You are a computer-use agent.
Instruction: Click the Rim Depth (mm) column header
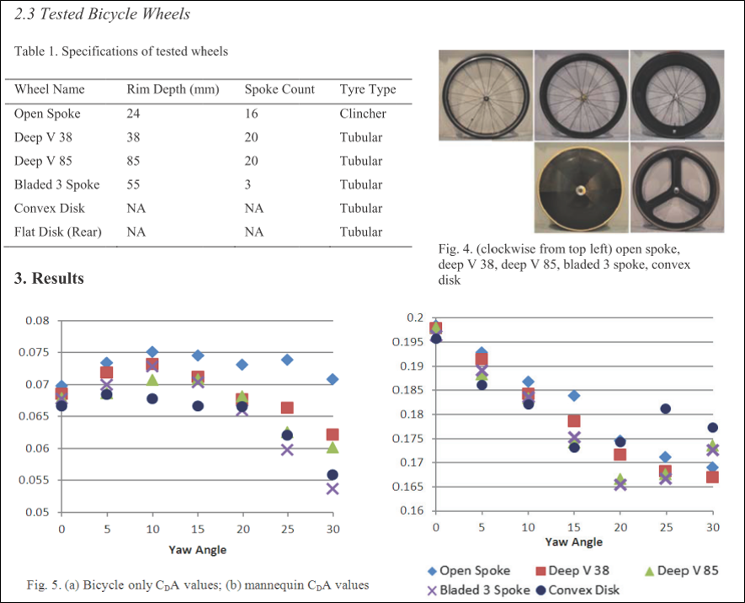click(x=173, y=89)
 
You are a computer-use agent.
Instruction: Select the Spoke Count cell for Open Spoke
click(x=250, y=113)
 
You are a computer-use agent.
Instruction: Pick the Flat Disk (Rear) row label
click(x=58, y=232)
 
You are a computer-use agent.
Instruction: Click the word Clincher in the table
click(x=363, y=113)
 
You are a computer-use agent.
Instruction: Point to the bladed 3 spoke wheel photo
click(x=676, y=188)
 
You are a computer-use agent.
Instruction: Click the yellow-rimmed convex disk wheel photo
click(x=582, y=187)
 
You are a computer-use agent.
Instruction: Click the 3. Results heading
click(x=49, y=279)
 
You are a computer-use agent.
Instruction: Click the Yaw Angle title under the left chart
click(x=197, y=550)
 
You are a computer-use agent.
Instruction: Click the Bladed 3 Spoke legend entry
click(x=477, y=590)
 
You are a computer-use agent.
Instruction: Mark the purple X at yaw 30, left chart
click(x=333, y=488)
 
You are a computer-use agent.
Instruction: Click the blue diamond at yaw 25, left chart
click(x=287, y=360)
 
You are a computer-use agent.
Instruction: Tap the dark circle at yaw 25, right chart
click(x=666, y=409)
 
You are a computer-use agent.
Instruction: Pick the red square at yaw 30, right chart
click(x=712, y=477)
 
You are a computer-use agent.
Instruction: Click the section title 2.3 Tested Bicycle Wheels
click(x=103, y=14)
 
